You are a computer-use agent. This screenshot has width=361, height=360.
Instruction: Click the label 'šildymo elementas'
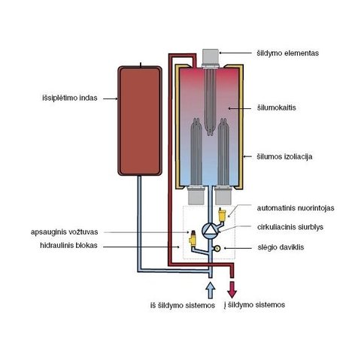pos(287,53)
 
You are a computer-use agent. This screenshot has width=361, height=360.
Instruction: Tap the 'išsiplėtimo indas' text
pos(70,98)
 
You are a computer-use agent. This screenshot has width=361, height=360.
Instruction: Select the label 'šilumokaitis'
pos(277,107)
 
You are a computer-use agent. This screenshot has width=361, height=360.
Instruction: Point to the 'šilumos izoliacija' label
pos(284,157)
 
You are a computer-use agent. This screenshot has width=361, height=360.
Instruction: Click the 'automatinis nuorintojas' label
pos(296,208)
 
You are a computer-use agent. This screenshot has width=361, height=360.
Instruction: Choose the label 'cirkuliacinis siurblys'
pos(290,227)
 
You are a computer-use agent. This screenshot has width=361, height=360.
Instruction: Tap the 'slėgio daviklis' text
pos(281,247)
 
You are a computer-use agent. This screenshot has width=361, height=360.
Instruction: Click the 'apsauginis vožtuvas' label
pos(64,232)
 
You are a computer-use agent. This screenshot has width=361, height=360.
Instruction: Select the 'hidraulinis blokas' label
pos(68,245)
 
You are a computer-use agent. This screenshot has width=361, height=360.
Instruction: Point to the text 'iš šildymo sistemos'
pos(183,305)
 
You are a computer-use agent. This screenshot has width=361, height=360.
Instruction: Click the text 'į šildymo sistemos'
pos(254,305)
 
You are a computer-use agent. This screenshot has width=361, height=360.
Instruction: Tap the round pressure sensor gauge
pos(217,248)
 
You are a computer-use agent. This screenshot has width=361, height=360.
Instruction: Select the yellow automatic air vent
pos(222,214)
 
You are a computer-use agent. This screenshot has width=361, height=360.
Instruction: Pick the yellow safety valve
pos(193,238)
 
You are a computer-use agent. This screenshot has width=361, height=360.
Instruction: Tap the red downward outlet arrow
pos(232,289)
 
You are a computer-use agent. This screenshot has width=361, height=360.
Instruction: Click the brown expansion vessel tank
pos(140,121)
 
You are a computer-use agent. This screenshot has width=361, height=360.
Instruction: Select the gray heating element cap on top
pos(211,57)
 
